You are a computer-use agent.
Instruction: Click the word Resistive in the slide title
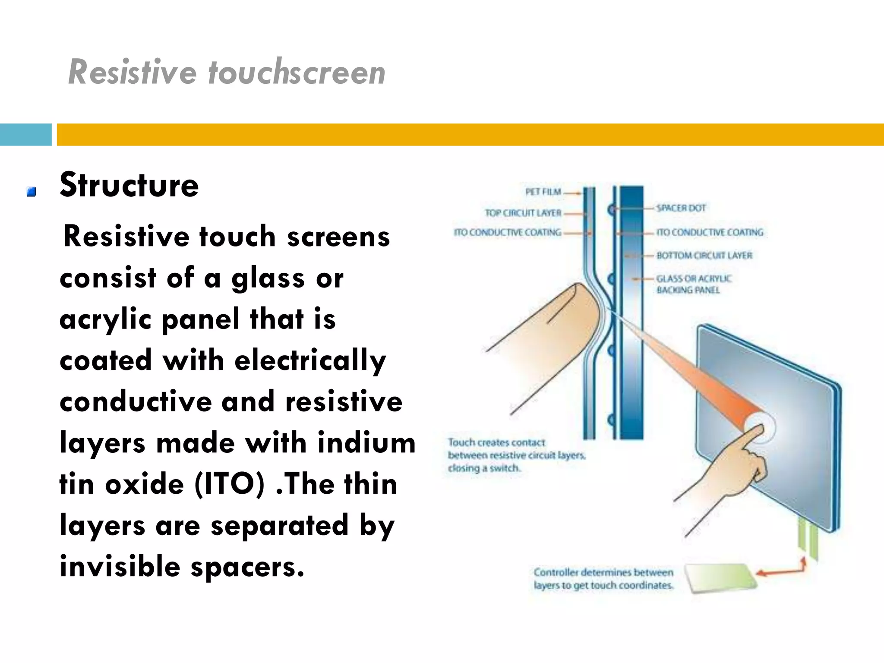132,73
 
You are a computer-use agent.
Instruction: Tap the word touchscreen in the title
297,73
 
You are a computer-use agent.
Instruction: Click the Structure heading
129,185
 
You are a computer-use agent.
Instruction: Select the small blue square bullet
31,192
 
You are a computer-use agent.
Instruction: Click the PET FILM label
543,192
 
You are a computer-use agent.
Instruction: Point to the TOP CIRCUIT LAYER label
523,213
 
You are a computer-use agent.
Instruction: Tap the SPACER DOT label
681,208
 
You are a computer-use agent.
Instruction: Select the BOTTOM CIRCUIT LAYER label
704,256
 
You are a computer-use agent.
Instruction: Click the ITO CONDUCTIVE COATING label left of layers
507,233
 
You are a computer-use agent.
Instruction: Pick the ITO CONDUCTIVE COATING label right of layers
710,233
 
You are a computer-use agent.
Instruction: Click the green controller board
721,578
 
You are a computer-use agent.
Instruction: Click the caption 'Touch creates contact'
496,442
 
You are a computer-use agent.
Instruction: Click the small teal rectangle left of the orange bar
25,135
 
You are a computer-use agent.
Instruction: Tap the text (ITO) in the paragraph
229,484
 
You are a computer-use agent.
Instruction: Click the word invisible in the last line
120,567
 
